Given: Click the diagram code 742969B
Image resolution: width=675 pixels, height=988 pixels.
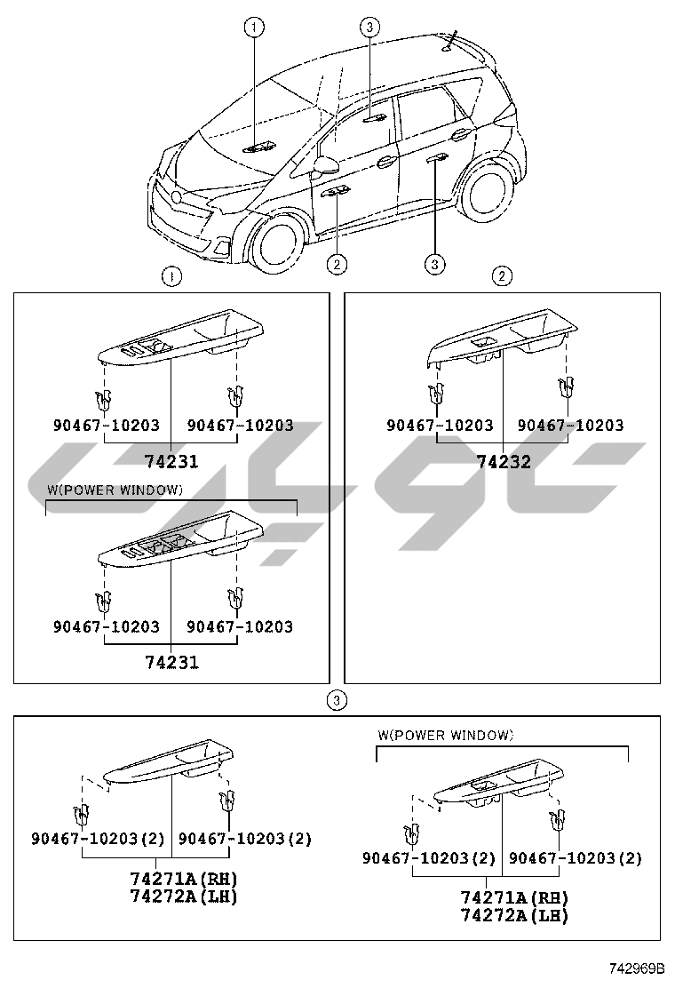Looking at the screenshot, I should (636, 966).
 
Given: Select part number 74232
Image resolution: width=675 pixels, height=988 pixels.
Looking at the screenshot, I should (503, 462).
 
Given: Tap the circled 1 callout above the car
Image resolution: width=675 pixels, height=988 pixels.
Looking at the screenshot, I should (254, 28).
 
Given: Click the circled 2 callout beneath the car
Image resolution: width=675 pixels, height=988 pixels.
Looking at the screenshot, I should (336, 263).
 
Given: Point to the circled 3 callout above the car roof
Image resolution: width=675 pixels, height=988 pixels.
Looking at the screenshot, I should (369, 28).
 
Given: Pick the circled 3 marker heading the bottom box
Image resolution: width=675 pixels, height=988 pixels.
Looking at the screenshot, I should (335, 701).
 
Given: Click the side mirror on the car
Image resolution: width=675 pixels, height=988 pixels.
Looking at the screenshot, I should (326, 165).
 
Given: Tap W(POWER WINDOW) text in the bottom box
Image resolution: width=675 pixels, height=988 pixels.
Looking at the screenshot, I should (445, 735).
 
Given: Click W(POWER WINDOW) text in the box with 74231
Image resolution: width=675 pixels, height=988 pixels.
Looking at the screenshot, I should (115, 490).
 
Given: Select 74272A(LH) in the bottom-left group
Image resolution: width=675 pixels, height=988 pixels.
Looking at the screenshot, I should (183, 897).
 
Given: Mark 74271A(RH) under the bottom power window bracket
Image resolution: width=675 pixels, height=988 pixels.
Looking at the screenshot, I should (514, 898).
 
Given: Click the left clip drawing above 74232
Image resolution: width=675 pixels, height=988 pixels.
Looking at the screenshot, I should (436, 390).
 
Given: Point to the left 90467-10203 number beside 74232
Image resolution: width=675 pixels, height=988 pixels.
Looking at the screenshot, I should (440, 426).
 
